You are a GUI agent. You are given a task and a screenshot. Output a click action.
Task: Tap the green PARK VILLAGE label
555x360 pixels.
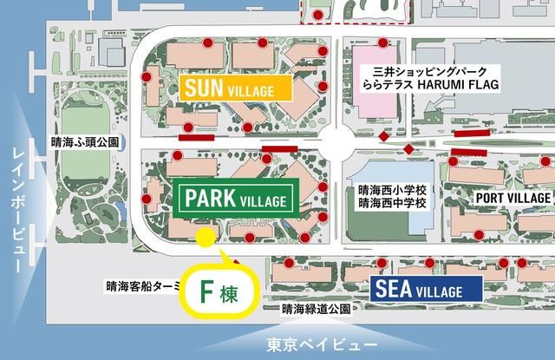tap(234, 200)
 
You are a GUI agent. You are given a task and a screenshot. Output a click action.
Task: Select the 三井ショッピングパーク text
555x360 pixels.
tap(424, 70)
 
